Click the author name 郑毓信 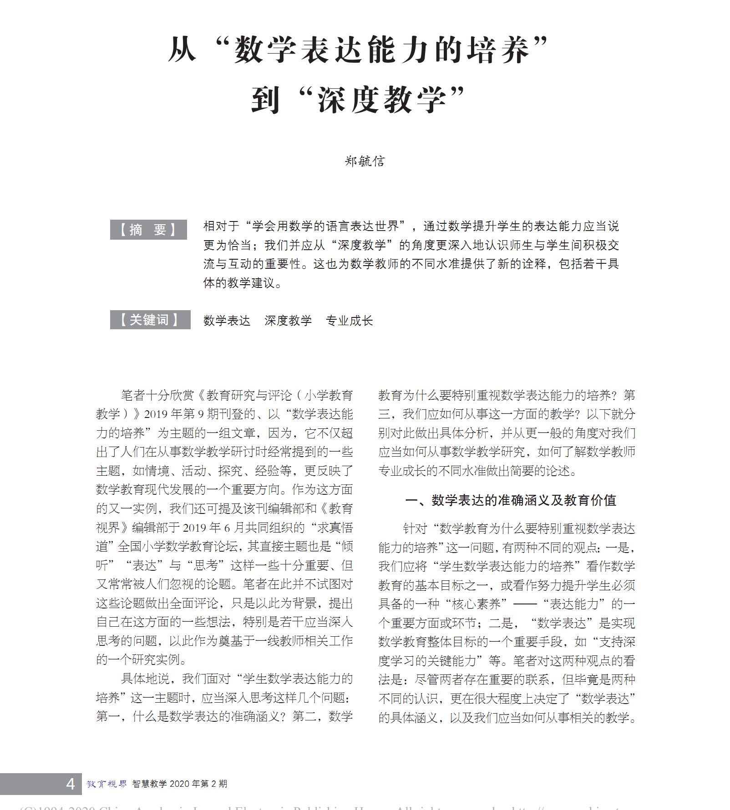pyautogui.click(x=365, y=161)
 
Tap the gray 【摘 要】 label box pyautogui.click(x=148, y=230)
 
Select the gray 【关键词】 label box pyautogui.click(x=150, y=320)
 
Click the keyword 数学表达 pyautogui.click(x=227, y=321)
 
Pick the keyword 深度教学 pyautogui.click(x=288, y=321)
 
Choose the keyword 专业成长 pyautogui.click(x=349, y=321)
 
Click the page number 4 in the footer pyautogui.click(x=70, y=784)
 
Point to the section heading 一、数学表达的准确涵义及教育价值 pyautogui.click(x=510, y=500)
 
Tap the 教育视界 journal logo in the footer pyautogui.click(x=106, y=784)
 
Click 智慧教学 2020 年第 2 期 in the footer pyautogui.click(x=180, y=784)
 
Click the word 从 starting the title pyautogui.click(x=182, y=49)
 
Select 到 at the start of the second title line pyautogui.click(x=265, y=100)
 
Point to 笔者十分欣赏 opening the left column pyautogui.click(x=157, y=395)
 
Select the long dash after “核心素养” pyautogui.click(x=525, y=604)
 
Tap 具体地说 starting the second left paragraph pyautogui.click(x=146, y=679)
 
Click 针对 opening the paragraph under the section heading pyautogui.click(x=415, y=528)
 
